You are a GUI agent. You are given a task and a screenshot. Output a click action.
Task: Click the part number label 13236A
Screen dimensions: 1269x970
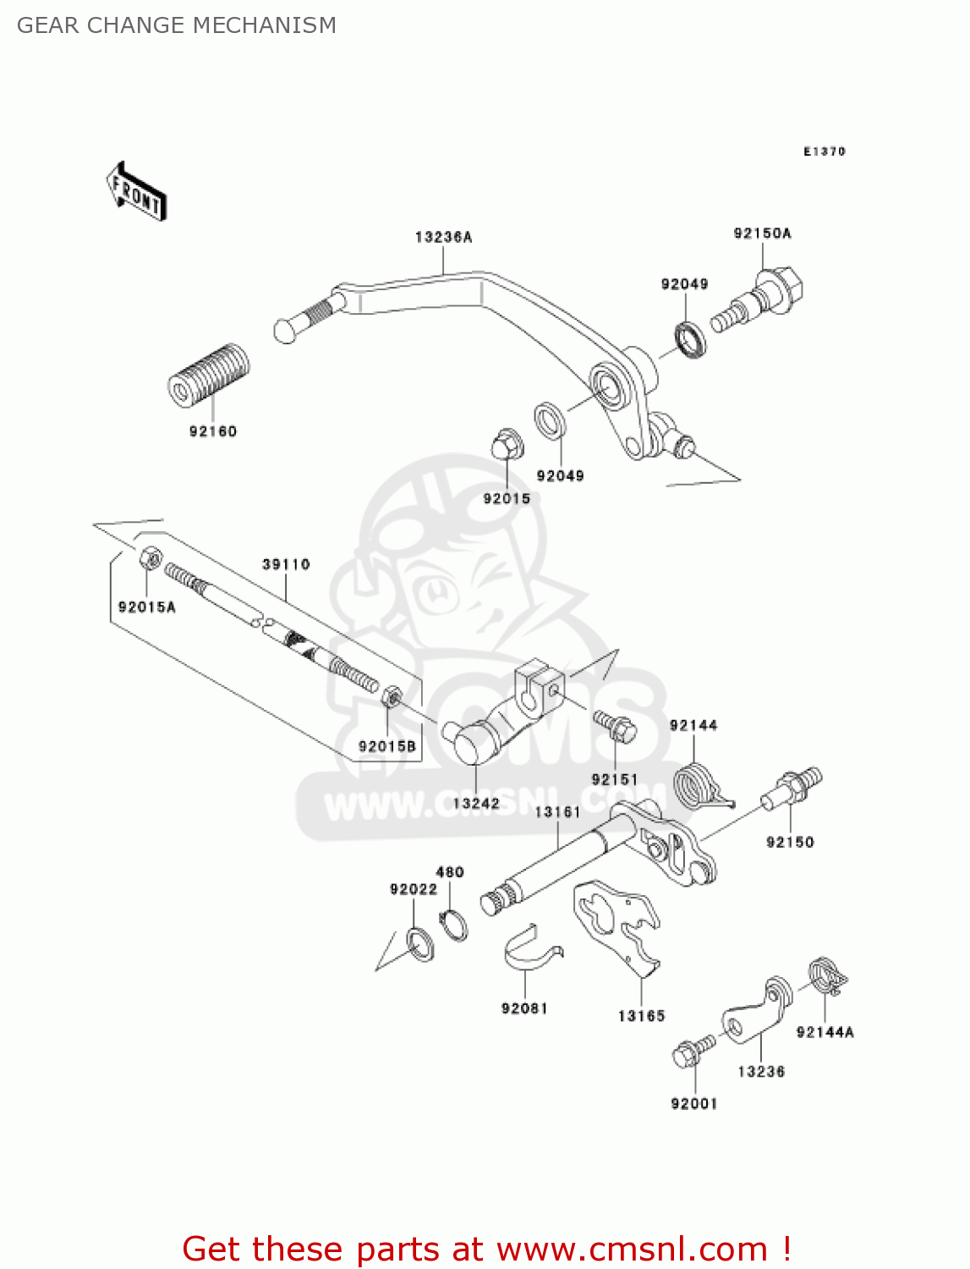click(443, 238)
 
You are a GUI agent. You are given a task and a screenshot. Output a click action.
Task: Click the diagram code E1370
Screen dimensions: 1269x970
click(824, 151)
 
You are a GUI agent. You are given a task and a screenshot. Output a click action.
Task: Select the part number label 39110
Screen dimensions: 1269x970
click(286, 564)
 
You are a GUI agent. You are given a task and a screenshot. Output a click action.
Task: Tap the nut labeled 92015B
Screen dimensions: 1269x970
click(391, 698)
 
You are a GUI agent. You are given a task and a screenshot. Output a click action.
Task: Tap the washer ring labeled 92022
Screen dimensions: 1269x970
click(420, 944)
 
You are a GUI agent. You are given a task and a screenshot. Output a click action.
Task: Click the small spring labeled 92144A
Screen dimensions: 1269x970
click(826, 976)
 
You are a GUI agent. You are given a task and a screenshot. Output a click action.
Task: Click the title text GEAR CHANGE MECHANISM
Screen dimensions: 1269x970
click(177, 25)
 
